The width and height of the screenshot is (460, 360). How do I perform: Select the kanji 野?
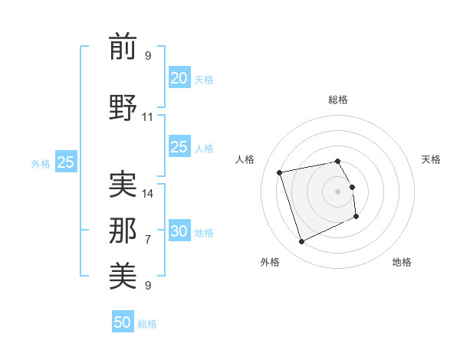click(123, 106)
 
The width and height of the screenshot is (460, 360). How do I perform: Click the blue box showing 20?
click(179, 78)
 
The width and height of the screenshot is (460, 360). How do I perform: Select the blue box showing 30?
click(179, 232)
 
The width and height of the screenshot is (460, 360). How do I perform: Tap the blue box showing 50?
click(123, 322)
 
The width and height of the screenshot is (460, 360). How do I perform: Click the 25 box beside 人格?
click(179, 148)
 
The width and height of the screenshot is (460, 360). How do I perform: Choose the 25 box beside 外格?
click(65, 162)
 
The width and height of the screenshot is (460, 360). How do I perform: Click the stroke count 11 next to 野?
click(148, 117)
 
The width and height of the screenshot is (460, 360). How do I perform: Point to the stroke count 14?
click(148, 193)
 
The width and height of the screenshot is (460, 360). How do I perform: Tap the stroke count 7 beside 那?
click(148, 240)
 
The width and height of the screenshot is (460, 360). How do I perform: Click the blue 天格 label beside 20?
click(204, 79)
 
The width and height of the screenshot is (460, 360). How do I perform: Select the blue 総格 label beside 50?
click(147, 324)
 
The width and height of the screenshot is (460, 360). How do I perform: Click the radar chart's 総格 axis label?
click(337, 100)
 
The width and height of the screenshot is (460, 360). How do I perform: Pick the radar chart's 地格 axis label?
click(402, 262)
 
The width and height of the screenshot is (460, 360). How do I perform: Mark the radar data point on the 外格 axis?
click(301, 241)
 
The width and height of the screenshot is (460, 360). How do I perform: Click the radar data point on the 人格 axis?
click(280, 172)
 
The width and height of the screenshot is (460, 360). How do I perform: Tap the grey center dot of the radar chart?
click(337, 191)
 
